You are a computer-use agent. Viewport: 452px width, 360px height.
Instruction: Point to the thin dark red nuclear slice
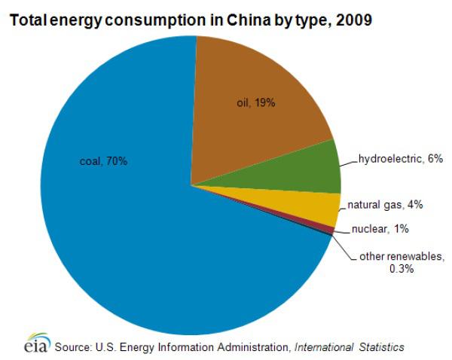pos(330,228)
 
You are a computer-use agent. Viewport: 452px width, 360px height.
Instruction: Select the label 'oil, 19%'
pos(256,102)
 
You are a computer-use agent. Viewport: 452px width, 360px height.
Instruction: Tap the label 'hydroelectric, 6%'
pos(395,159)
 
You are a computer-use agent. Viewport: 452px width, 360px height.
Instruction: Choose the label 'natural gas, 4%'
pos(383,203)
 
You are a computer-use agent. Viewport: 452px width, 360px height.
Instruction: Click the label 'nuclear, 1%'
pos(380,229)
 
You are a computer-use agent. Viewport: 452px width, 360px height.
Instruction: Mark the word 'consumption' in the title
pos(153,17)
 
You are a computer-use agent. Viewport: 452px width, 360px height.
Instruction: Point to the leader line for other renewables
pos(343,249)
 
